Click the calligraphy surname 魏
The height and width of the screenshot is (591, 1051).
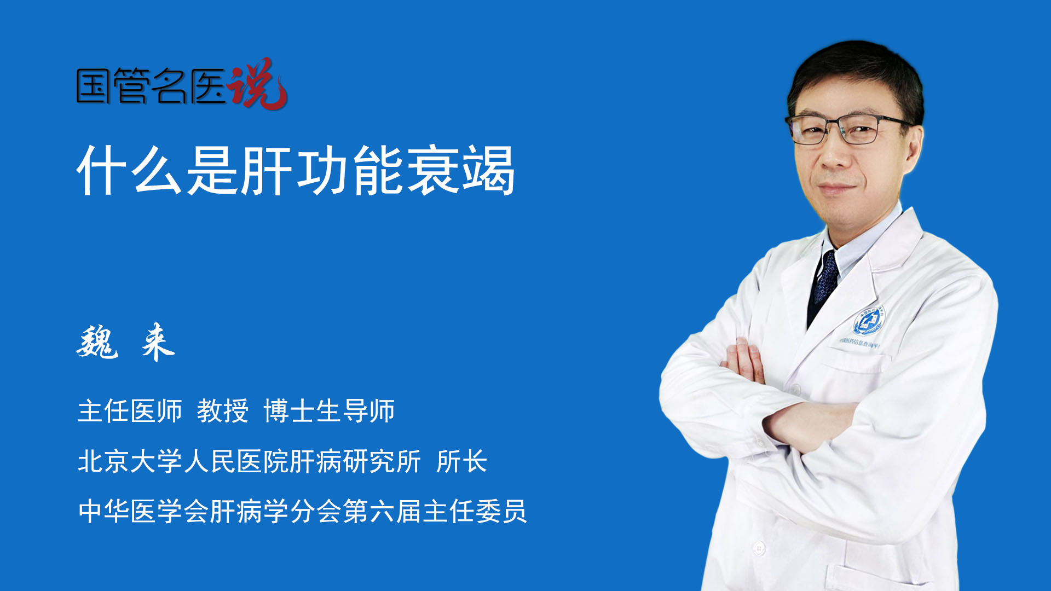pos(97,342)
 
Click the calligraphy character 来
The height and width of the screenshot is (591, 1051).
pos(158,342)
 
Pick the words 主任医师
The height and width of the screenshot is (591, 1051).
pos(130,411)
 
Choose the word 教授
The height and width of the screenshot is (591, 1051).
pos(222,411)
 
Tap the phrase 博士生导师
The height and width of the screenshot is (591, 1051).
pos(329,411)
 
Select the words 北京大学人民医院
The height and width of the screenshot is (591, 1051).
pos(183,461)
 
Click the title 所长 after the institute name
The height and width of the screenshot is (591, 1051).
pos(461,461)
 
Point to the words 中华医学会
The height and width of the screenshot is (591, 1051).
pos(143,512)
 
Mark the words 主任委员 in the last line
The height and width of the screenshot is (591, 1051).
pos(475,512)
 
